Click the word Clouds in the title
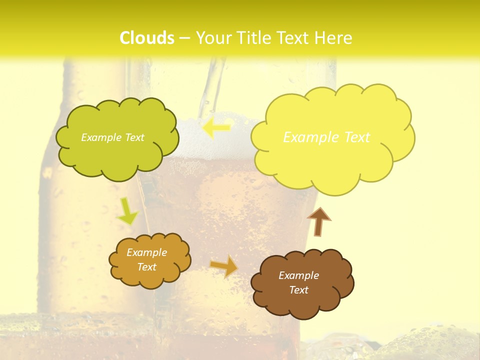[147, 38]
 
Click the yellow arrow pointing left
[216, 127]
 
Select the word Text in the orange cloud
[147, 267]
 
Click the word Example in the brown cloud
[298, 275]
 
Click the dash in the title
[184, 38]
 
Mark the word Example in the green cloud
[100, 137]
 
